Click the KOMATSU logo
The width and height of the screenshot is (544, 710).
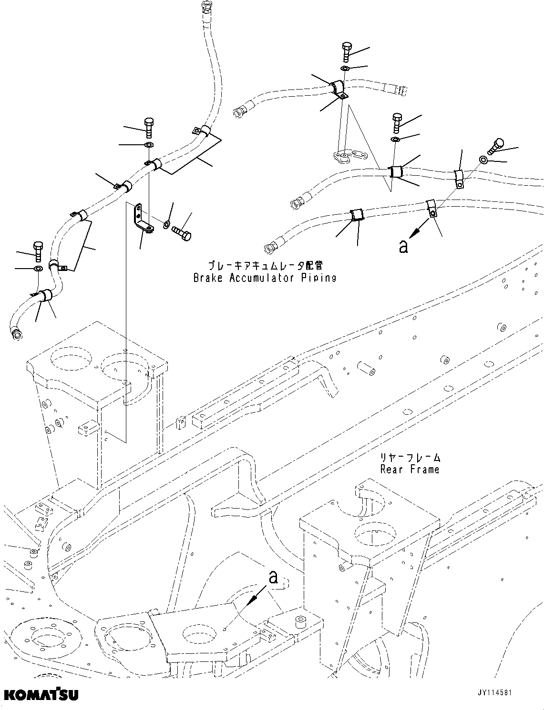coord(41,695)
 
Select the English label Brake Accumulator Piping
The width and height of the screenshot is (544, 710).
coord(265,278)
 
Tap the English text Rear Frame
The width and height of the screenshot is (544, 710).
coord(410,470)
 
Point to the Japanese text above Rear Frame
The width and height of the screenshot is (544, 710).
coord(410,458)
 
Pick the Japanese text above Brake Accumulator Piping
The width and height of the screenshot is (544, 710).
coord(265,266)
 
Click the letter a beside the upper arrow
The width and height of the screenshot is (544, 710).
coord(403,246)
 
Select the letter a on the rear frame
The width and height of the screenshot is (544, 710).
coord(273,578)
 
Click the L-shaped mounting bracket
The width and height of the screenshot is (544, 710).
coord(142,220)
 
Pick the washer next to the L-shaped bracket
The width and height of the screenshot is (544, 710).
coord(166,224)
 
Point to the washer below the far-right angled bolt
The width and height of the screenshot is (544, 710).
coord(483,160)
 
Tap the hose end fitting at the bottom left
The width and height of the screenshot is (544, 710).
coord(16,334)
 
